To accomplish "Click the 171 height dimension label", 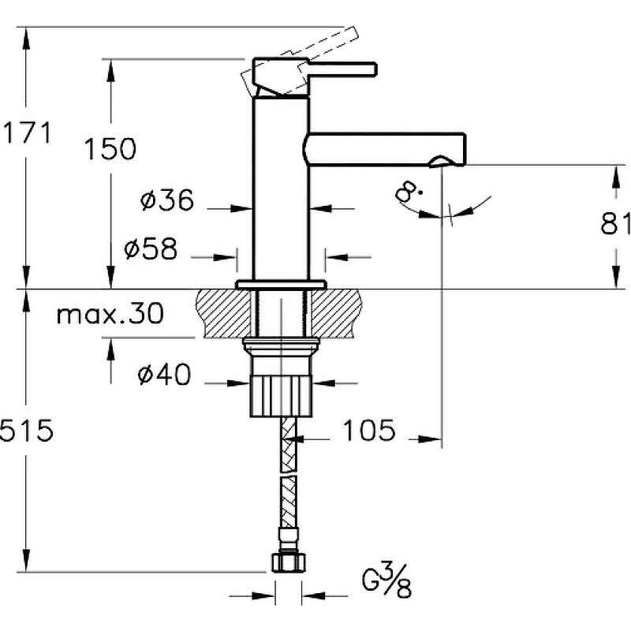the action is click(x=28, y=133).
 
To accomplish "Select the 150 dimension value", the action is click(x=110, y=148).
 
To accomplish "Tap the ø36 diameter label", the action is click(x=167, y=200).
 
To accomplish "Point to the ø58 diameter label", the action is click(x=151, y=248).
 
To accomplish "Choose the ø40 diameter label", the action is click(x=164, y=374).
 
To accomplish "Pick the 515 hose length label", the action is click(x=26, y=430).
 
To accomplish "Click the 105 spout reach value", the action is click(x=368, y=430).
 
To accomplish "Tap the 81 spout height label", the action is click(x=616, y=223).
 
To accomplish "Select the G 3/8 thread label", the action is click(x=386, y=581).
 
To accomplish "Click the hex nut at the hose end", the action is click(x=289, y=562).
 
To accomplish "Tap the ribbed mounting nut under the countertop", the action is click(x=281, y=396).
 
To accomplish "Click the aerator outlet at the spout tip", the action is click(x=442, y=162).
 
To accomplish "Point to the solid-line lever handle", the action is click(x=314, y=77).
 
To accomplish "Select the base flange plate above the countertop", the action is click(x=281, y=285).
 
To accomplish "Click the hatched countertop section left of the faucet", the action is click(x=222, y=313).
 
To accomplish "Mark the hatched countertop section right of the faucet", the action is click(x=337, y=313).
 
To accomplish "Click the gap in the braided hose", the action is click(x=289, y=475).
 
